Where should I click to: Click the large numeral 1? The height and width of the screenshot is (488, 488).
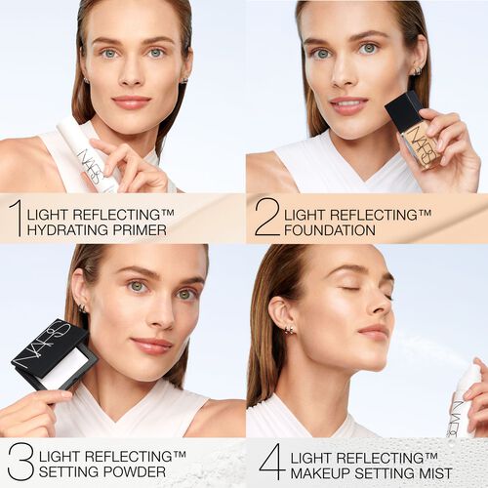coord(15,219)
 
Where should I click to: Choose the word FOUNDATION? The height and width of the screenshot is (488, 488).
coord(329,230)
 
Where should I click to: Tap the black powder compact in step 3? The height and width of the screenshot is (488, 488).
coord(54,356)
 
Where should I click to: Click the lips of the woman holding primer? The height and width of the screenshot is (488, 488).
coord(131,101)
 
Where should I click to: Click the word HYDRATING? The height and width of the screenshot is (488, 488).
coord(67,230)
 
